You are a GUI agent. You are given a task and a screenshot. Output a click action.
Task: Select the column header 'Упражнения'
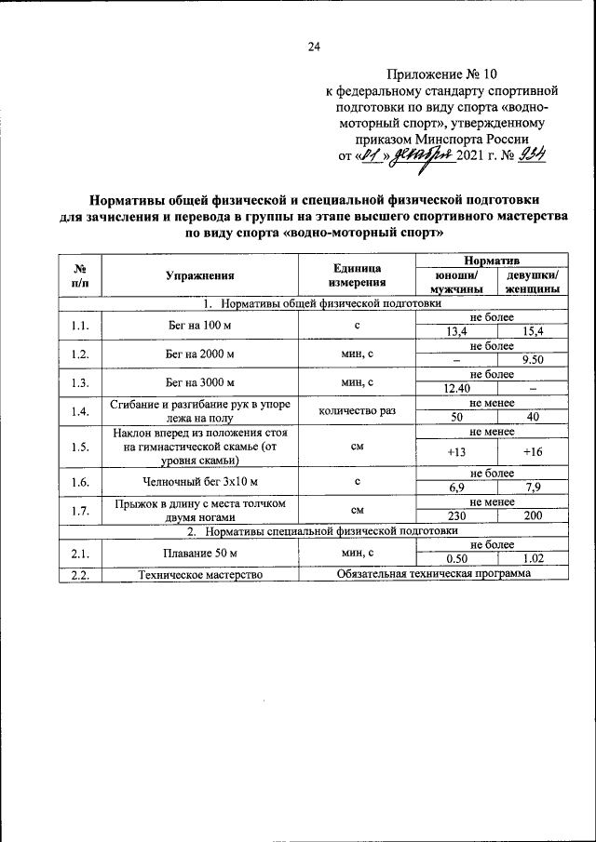click(x=199, y=275)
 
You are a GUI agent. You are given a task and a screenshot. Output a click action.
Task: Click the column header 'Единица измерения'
click(x=357, y=275)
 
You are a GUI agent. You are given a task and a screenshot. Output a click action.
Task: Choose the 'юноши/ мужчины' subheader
click(x=455, y=282)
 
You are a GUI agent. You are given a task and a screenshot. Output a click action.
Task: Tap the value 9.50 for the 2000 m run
click(x=533, y=359)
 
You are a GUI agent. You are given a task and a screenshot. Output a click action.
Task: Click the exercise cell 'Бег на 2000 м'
click(x=199, y=354)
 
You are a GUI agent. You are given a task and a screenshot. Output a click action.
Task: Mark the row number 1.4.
click(x=79, y=410)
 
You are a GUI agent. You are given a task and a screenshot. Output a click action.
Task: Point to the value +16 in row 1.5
click(x=533, y=451)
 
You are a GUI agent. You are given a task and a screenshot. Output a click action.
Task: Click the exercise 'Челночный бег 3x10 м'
click(x=199, y=482)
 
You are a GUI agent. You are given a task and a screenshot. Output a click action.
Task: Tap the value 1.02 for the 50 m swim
click(x=533, y=558)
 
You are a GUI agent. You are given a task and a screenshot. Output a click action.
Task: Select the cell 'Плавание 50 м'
click(x=199, y=552)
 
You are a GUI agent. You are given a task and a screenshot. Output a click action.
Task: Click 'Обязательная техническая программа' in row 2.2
click(x=434, y=574)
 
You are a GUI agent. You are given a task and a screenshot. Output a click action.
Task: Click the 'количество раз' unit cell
click(x=357, y=410)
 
